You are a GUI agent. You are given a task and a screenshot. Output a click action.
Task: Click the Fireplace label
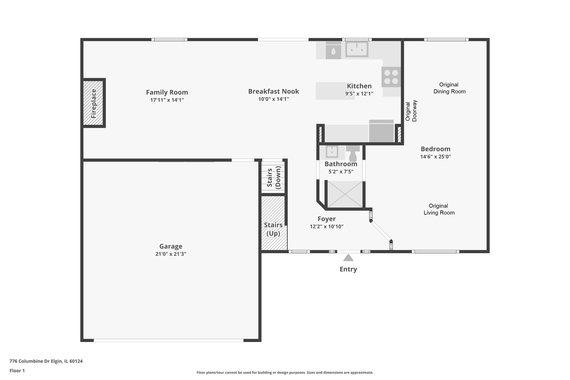point(93,103)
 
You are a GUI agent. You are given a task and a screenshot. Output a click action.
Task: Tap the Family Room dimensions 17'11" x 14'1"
point(167,100)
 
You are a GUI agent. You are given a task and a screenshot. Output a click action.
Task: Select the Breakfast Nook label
point(273,91)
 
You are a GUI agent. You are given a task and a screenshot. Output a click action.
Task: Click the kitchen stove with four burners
point(391,77)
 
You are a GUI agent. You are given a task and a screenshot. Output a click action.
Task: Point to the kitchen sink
point(357,49)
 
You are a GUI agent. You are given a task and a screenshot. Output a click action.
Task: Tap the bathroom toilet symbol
point(353,153)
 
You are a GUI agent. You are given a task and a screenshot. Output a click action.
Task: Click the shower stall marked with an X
point(345,194)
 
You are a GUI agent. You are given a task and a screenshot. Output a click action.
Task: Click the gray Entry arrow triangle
point(348,258)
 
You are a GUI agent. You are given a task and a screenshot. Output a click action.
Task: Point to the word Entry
point(348,269)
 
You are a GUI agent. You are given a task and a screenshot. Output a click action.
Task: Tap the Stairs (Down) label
point(274,177)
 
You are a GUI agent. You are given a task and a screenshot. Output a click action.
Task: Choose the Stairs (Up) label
point(273,229)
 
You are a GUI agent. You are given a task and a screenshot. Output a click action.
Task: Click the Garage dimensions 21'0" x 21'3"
point(171,254)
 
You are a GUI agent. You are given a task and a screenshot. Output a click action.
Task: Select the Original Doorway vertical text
point(411,111)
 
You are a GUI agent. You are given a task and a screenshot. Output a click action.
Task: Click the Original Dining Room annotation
point(449,88)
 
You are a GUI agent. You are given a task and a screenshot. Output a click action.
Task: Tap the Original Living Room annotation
point(439,209)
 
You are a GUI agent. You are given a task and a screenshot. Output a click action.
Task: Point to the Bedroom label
point(435,149)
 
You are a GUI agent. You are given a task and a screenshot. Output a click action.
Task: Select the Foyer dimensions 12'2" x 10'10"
point(327,227)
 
